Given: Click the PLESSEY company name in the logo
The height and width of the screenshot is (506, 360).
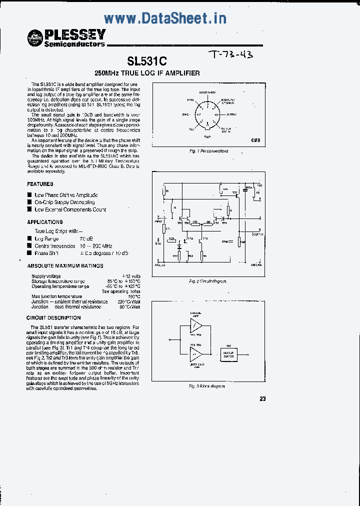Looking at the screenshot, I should [x=75, y=34].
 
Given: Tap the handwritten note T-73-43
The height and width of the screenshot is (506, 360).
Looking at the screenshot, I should [x=230, y=54].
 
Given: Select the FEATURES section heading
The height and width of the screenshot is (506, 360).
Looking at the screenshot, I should [x=40, y=184].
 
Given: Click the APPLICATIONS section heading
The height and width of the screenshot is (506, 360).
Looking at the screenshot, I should [x=45, y=222].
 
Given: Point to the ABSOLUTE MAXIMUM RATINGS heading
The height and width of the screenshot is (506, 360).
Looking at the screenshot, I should [x=65, y=266].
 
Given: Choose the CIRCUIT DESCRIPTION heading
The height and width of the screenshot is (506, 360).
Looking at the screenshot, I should [x=53, y=318].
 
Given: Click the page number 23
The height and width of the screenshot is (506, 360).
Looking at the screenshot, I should [x=263, y=398].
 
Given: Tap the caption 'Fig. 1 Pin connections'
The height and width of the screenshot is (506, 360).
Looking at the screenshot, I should [x=208, y=150].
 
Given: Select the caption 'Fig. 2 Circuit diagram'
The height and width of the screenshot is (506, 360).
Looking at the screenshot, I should [x=207, y=281].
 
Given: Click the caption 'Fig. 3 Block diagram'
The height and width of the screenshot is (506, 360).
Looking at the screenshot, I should [x=207, y=386].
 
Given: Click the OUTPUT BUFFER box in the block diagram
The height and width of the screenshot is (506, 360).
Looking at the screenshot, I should [x=229, y=354].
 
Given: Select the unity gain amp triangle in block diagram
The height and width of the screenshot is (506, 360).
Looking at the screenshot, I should [x=195, y=355].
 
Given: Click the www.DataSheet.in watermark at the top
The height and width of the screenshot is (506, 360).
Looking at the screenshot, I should [x=165, y=18].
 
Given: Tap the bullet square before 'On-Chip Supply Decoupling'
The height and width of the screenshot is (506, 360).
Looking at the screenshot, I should [x=29, y=202].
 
